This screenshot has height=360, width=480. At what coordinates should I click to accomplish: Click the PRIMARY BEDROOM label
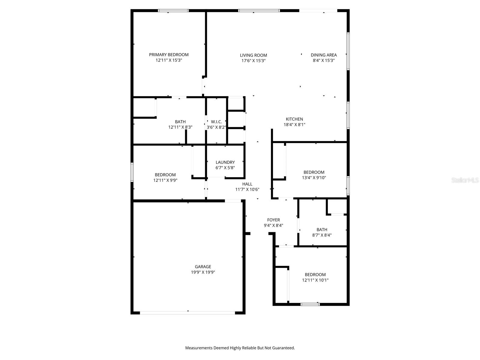point(169,55)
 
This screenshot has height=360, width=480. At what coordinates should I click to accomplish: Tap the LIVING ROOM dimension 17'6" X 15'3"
point(253,61)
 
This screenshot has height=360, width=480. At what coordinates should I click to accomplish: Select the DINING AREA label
point(324,55)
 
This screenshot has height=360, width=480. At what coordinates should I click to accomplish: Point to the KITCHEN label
point(294,119)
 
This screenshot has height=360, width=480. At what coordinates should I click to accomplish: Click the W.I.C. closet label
point(216,121)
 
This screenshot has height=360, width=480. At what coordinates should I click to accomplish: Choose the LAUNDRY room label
point(225,162)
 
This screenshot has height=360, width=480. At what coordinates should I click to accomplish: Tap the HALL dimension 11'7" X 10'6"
point(247,189)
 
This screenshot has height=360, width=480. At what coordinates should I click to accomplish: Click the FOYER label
point(273,220)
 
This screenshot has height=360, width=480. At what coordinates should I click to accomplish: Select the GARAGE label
point(203,267)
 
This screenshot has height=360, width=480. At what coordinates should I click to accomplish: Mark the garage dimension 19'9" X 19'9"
point(203,272)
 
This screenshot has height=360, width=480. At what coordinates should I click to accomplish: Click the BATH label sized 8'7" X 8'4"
point(322,230)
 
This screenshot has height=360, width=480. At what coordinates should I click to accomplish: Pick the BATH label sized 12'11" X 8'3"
point(180,121)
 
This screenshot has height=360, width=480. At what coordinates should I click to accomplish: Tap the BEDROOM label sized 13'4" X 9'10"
point(314,172)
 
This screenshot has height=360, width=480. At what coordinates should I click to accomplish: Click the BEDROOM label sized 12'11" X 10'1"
point(315,274)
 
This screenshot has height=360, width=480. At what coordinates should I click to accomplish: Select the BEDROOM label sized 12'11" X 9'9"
point(165,175)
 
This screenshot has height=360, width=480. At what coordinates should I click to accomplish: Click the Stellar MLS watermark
point(465,180)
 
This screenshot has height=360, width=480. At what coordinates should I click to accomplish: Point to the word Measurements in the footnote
point(199,348)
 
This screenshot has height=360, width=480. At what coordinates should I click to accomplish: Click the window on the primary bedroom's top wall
point(173,11)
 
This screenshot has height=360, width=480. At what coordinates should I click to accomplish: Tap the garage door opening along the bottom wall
point(187,313)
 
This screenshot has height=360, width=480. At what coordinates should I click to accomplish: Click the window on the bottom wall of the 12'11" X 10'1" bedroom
point(310,304)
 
